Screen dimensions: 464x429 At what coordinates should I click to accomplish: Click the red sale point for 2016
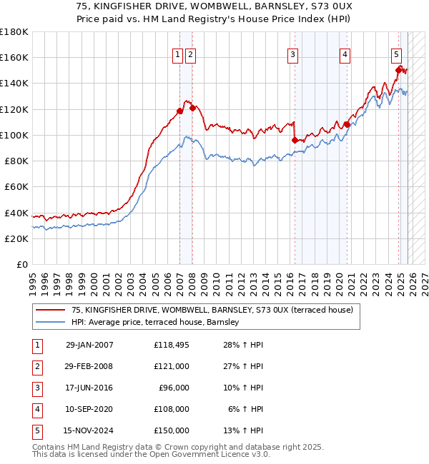tap(295, 141)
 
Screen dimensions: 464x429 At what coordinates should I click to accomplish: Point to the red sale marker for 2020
tap(347, 124)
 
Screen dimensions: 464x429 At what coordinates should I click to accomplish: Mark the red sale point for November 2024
tap(399, 69)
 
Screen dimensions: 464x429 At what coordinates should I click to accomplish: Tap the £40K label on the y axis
tap(16, 213)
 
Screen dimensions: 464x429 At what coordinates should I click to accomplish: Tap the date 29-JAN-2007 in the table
tap(89, 346)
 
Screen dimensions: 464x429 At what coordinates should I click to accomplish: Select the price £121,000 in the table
tap(172, 366)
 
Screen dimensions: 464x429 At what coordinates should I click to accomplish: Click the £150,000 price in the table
tap(172, 430)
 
